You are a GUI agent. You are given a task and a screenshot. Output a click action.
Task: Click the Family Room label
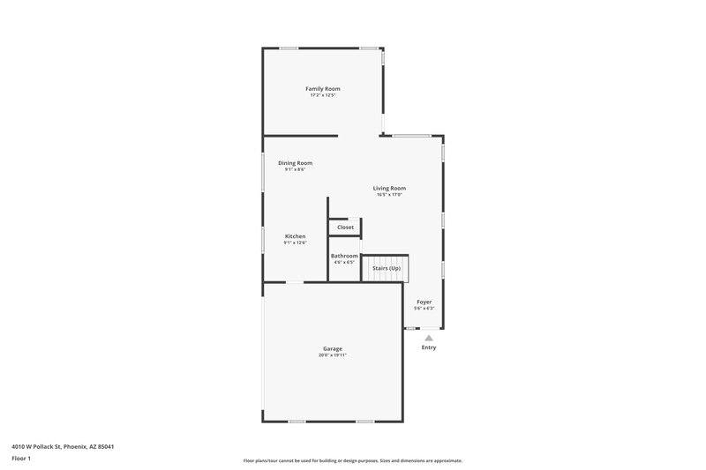323,89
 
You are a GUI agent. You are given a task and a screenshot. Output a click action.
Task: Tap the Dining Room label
295,163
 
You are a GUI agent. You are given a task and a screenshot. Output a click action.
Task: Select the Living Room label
389,188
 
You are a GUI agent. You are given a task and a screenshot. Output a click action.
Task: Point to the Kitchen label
295,236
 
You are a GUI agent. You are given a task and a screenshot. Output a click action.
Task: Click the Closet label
345,228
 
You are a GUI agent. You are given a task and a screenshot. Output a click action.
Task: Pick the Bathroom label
344,257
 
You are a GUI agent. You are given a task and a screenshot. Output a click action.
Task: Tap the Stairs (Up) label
387,268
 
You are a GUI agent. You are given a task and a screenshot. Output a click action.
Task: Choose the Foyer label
424,302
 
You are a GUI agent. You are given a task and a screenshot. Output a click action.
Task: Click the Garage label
333,349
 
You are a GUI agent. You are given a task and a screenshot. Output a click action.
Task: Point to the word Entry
429,347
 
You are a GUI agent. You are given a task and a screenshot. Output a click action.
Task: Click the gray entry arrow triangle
429,337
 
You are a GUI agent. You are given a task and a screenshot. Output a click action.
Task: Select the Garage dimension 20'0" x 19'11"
333,355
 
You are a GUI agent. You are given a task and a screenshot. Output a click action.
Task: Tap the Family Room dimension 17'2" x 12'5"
323,95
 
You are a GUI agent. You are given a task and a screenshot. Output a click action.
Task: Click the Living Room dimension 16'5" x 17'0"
389,194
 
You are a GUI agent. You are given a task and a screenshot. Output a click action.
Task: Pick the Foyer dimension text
424,309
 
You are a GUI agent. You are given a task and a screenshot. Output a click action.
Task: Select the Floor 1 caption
22,459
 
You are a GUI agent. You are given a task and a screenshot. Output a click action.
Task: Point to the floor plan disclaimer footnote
352,461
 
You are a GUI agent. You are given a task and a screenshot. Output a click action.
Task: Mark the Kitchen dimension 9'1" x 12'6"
295,242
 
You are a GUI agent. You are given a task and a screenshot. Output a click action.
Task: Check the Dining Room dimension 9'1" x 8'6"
295,169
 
